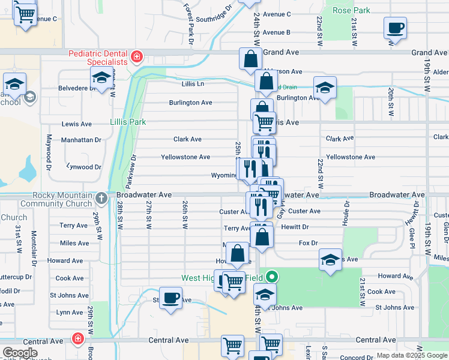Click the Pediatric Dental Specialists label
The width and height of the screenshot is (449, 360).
point(98,58)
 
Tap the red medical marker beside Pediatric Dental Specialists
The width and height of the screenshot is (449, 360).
point(137,57)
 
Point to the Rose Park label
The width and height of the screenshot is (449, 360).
point(351,11)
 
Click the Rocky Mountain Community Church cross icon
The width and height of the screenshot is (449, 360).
point(102,196)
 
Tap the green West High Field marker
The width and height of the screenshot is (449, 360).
point(272,277)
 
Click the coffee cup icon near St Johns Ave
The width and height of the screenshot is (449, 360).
point(170,298)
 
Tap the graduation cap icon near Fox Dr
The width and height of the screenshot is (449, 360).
point(330,259)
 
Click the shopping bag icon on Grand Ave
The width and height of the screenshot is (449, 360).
point(250,59)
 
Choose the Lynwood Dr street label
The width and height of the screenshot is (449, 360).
point(84,167)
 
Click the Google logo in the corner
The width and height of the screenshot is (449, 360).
point(20,353)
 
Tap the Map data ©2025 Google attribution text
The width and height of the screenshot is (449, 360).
point(411,355)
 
